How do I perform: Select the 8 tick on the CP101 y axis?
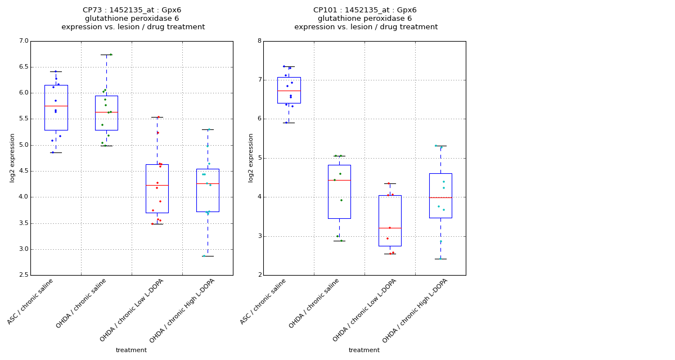[259, 41]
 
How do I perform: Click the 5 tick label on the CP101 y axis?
[259, 158]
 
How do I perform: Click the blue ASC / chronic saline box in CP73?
[56, 107]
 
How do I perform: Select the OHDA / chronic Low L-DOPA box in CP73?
[157, 188]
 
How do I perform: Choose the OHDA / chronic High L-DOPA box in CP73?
[208, 190]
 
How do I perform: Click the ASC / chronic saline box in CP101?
[289, 90]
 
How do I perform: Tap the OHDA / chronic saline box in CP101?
[339, 191]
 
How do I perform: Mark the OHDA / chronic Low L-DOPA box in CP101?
[390, 220]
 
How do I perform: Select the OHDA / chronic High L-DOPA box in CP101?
[440, 196]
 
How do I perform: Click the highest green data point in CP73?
[111, 55]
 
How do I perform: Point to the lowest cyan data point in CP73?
[204, 256]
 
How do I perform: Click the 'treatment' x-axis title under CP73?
[131, 350]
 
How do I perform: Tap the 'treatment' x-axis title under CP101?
[364, 350]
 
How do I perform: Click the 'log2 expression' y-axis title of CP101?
[251, 157]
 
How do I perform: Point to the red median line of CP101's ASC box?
[289, 91]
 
